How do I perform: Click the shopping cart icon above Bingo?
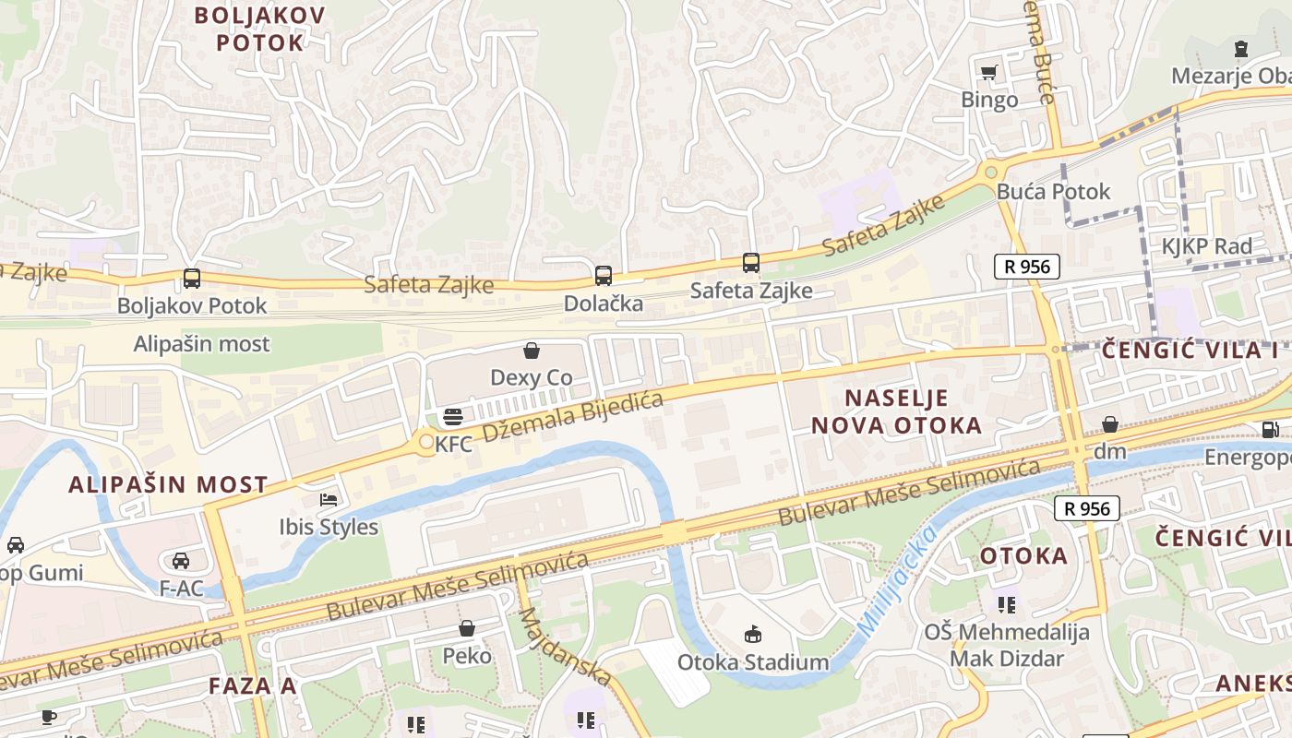point(989,72)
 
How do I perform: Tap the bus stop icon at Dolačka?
point(603,275)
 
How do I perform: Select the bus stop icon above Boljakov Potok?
point(192,278)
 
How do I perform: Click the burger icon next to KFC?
point(452,416)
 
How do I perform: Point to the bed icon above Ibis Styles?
point(329,500)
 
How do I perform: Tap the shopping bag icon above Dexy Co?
point(532,351)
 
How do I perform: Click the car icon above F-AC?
point(181,560)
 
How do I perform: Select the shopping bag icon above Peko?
point(467,629)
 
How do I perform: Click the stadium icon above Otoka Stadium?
point(753,634)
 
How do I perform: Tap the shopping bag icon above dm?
point(1110,424)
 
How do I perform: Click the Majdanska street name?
point(565,646)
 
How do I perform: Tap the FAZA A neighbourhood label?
point(252,685)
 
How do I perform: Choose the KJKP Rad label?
point(1206,246)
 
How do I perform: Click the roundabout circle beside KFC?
point(425,443)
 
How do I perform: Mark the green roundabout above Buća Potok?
point(991,171)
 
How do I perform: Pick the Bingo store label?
point(989,100)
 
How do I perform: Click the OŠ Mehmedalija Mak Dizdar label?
point(1007,645)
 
